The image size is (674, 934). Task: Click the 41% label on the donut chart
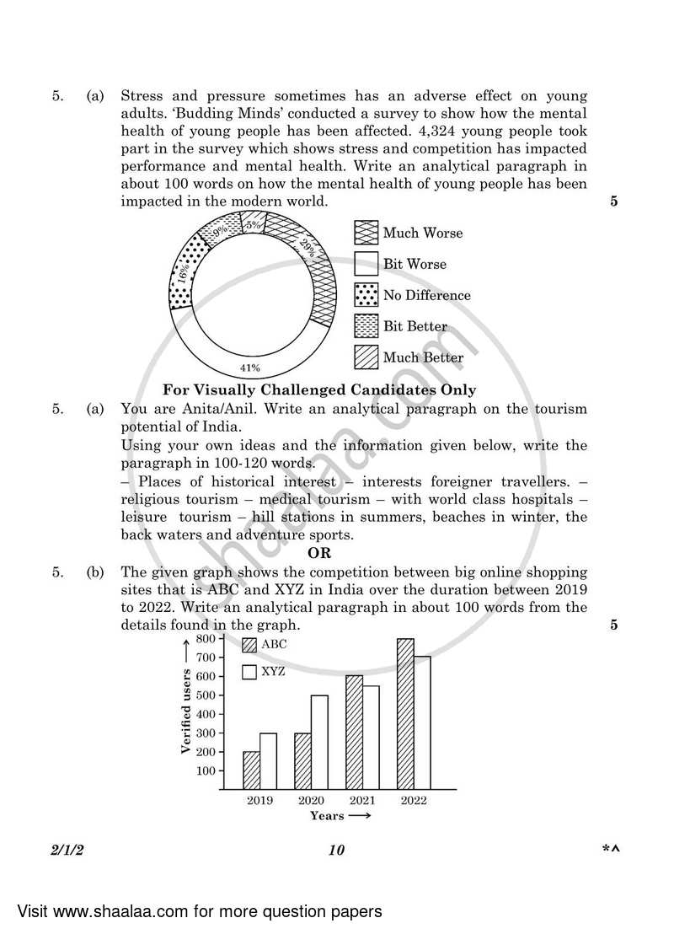coord(249,368)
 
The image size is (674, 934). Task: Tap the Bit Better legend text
coord(415,326)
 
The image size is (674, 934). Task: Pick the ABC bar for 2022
coord(405,714)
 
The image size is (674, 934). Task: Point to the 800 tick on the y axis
coord(206,639)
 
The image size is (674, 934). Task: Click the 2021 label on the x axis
coord(361,801)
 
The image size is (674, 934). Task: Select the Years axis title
coord(327,816)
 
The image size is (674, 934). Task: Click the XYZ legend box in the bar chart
coord(249,672)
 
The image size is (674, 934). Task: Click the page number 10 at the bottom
coord(336,850)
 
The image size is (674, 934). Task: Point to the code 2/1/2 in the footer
coord(68,850)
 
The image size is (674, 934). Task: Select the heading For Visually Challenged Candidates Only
coord(319,389)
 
